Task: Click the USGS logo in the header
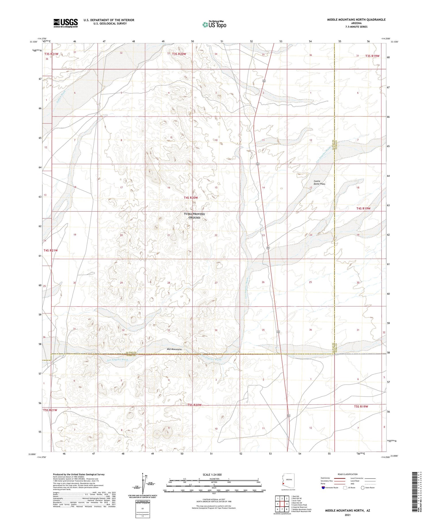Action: pos(66,23)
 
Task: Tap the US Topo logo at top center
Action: pos(214,25)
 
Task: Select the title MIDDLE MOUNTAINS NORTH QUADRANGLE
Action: pos(356,20)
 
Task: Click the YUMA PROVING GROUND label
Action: pos(194,216)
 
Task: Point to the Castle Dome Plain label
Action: pos(319,182)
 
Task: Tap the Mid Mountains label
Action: pos(174,349)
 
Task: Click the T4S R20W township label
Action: pos(191,198)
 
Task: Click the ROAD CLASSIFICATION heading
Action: pos(348,474)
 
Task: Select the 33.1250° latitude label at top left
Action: pos(33,42)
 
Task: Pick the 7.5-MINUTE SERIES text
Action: pos(356,27)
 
